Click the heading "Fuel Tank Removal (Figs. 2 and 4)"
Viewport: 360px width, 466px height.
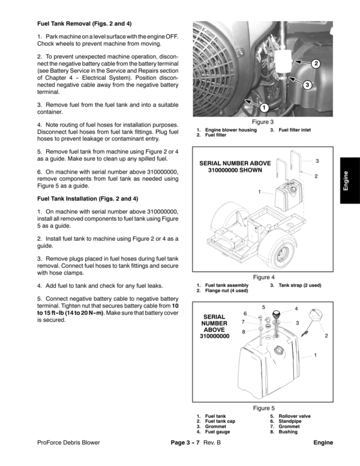[85, 24]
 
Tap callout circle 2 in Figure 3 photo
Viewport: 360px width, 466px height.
[316, 63]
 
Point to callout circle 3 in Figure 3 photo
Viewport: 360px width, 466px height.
[307, 85]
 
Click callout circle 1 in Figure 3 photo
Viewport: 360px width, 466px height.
[263, 107]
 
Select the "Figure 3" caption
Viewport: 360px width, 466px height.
[263, 122]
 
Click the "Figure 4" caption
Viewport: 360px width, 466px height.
[263, 277]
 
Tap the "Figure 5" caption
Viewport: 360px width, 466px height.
[263, 408]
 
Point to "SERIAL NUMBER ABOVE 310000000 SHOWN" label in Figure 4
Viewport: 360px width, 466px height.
[235, 167]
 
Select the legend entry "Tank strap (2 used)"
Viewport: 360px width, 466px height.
[300, 285]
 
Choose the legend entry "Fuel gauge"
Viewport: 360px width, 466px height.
[218, 432]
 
